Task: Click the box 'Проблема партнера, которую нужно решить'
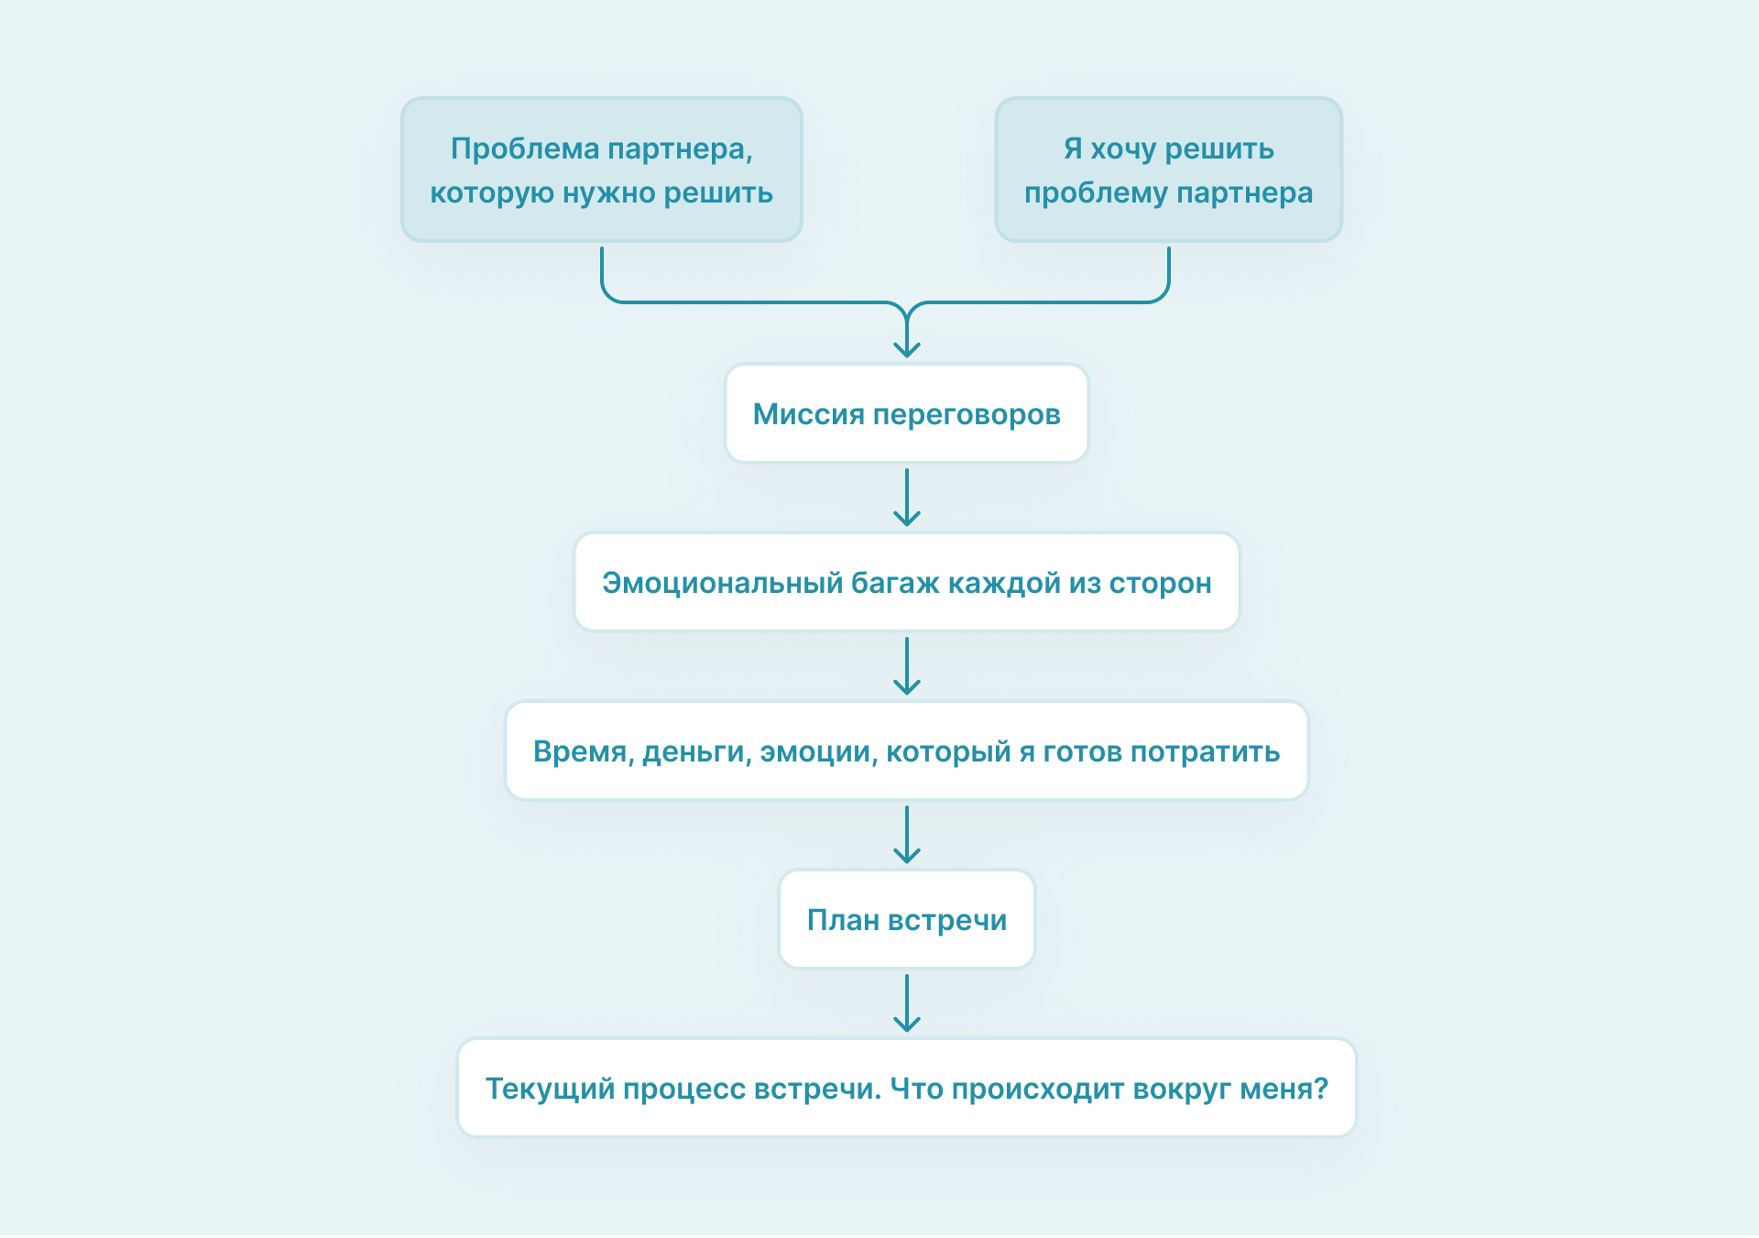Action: coord(602,170)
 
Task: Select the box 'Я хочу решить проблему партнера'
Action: coord(1168,170)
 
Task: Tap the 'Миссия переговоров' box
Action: coord(907,414)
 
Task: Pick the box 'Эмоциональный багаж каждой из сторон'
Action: coord(907,583)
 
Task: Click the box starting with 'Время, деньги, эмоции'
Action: coord(907,751)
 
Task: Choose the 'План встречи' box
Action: coord(907,920)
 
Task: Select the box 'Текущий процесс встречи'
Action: coord(907,1089)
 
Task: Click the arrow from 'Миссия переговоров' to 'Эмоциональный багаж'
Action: coord(907,498)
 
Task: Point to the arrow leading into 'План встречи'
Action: coord(907,835)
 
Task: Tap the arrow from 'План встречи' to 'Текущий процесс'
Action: coord(907,1003)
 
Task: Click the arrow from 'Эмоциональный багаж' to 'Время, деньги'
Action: coord(907,666)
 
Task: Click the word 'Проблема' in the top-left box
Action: coord(525,148)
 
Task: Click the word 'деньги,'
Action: coord(697,752)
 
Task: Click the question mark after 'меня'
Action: coord(1320,1089)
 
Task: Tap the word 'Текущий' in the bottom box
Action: coord(550,1090)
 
